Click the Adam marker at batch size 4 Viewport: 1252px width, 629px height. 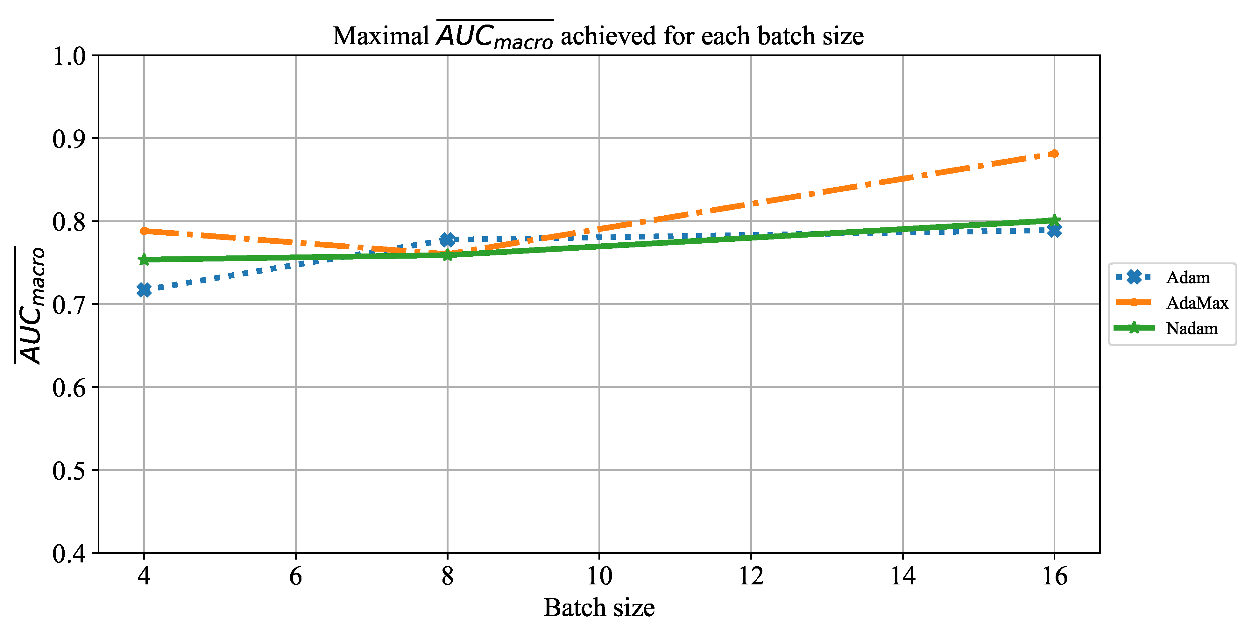pos(144,290)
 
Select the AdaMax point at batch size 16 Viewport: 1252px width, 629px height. pos(1054,154)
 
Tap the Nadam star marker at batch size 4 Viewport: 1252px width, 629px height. pos(144,260)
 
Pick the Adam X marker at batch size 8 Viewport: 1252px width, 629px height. pos(447,239)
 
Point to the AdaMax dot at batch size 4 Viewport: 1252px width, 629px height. pos(144,231)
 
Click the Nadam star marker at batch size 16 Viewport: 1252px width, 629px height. pos(1054,220)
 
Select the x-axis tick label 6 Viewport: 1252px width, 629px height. pos(295,576)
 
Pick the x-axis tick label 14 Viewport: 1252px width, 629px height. pos(902,576)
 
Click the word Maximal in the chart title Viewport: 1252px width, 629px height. pos(380,36)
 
